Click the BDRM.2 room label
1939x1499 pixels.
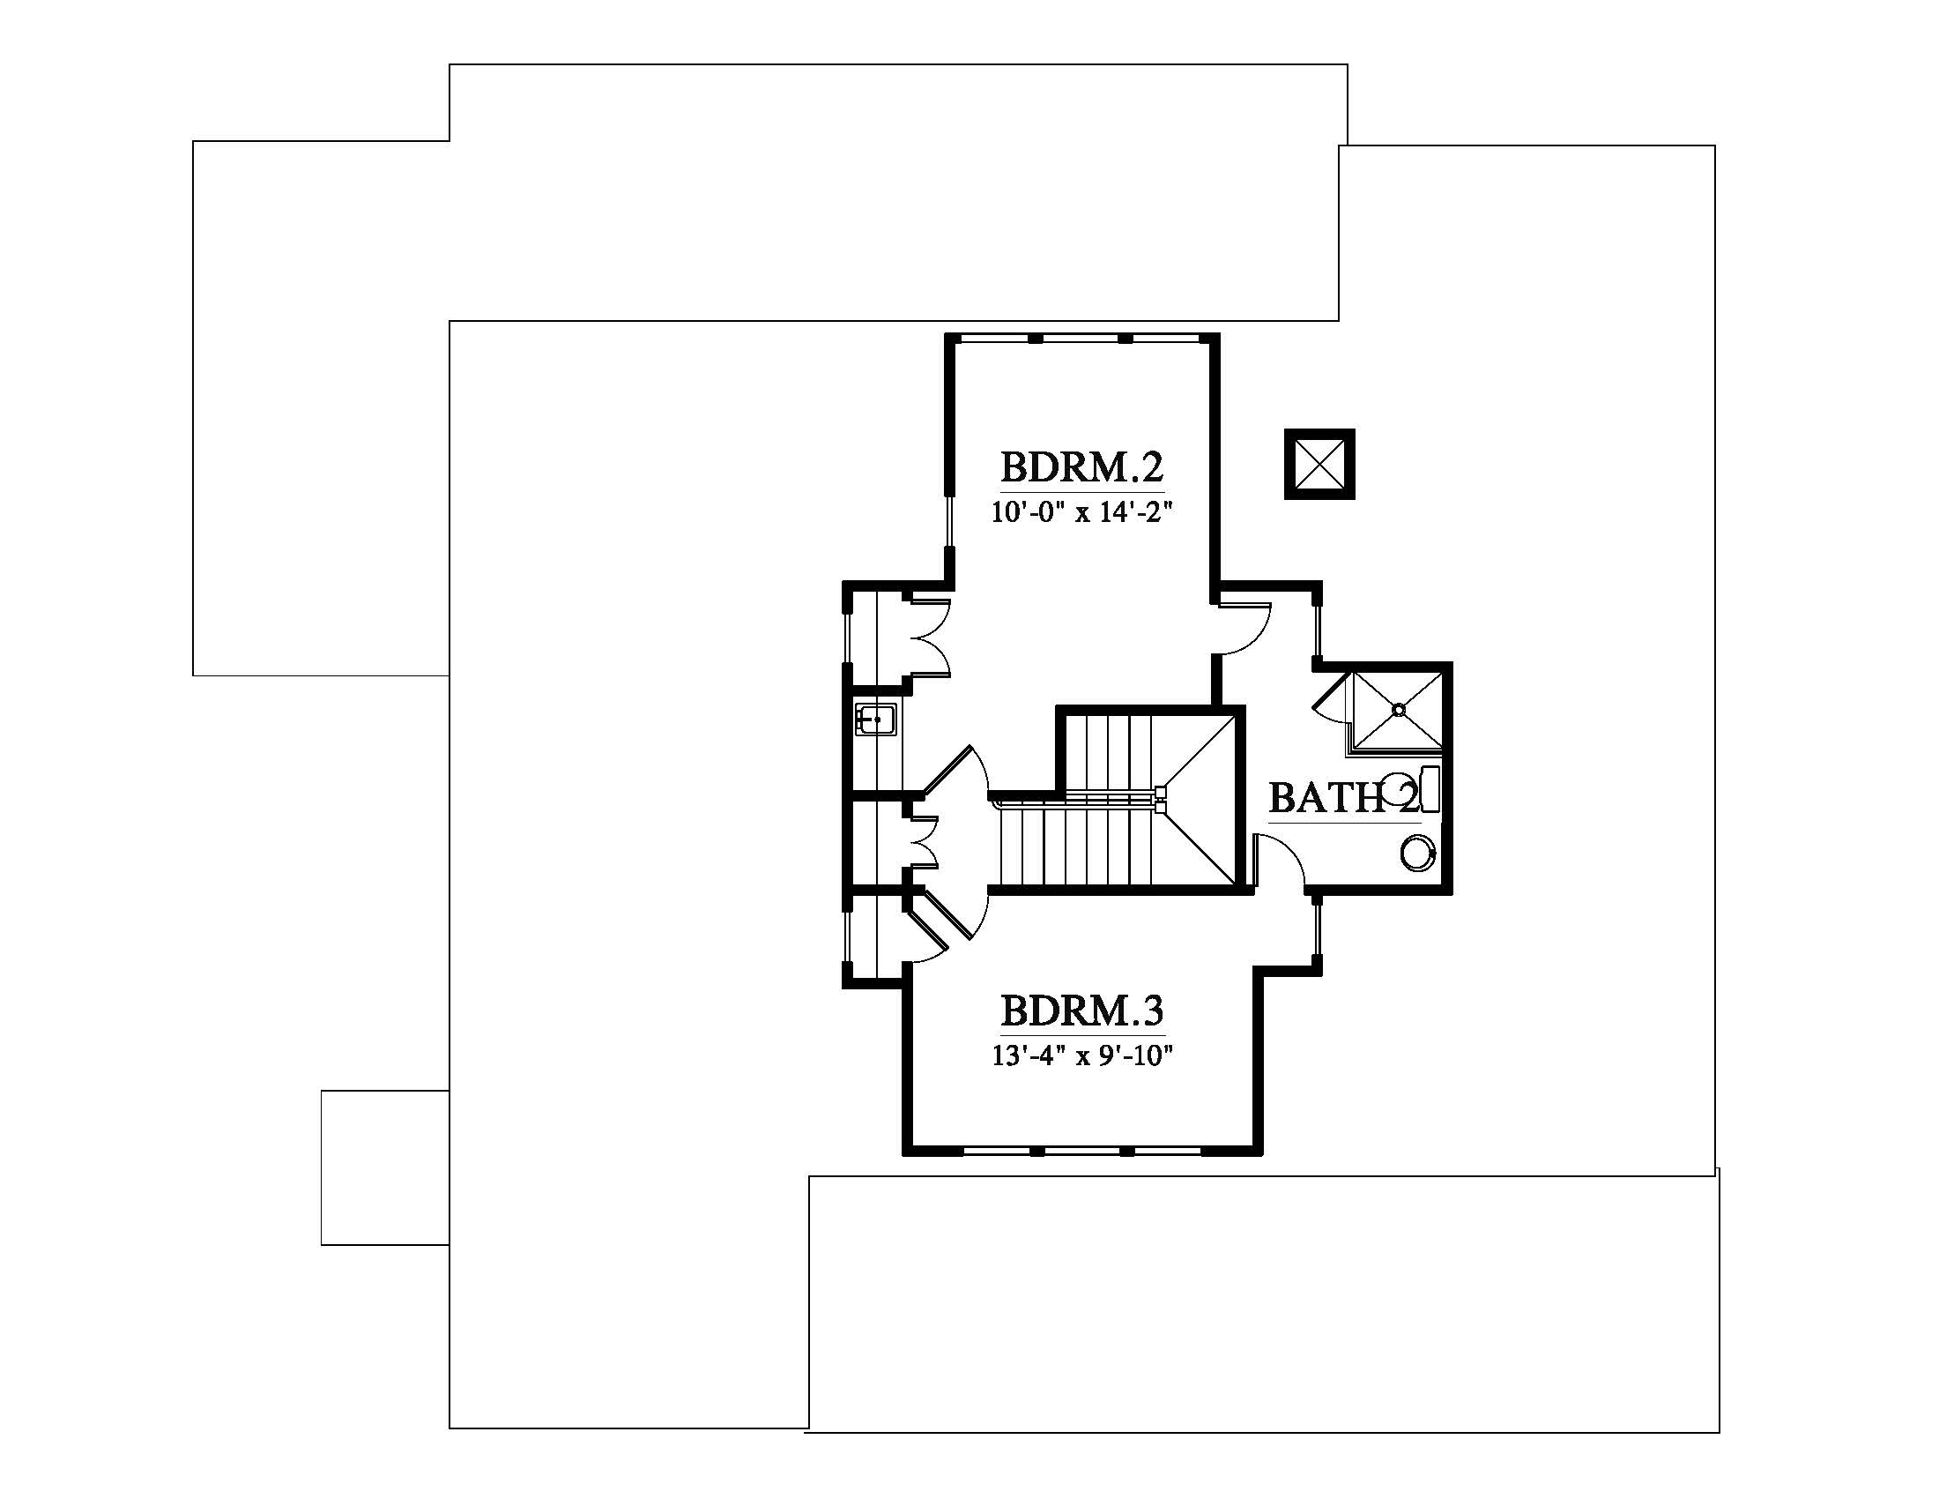coord(1081,466)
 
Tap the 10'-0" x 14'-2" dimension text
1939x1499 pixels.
coord(1082,512)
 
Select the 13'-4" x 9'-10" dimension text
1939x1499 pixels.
coord(1082,1055)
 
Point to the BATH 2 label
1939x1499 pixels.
coord(1344,797)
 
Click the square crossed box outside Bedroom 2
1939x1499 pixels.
coord(1319,464)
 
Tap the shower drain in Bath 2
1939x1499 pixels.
coord(1399,709)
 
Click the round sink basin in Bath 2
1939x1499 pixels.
coord(1419,854)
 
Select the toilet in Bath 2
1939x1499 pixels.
coord(1412,788)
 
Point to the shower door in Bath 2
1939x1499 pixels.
coord(1331,694)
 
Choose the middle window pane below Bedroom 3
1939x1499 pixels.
coord(1081,1151)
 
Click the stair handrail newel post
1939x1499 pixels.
coord(1162,798)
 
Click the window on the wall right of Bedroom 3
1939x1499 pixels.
coord(1318,928)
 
